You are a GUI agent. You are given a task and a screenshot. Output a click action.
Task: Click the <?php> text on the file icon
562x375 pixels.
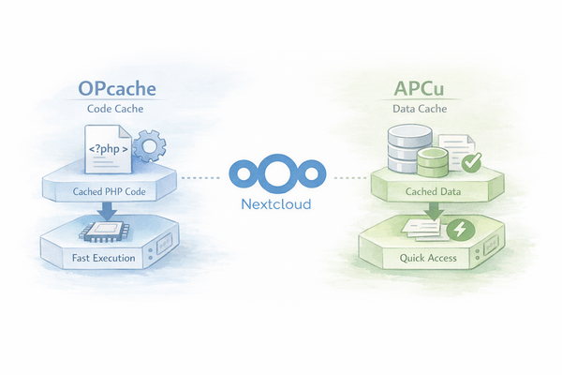(110, 149)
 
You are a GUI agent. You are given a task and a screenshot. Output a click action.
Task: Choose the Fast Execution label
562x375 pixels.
(103, 257)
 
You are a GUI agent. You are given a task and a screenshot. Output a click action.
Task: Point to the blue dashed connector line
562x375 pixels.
(202, 176)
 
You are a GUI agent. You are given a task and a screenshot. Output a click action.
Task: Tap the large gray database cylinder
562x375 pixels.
(407, 148)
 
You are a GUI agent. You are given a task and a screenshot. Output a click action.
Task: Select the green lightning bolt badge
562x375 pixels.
(460, 231)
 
